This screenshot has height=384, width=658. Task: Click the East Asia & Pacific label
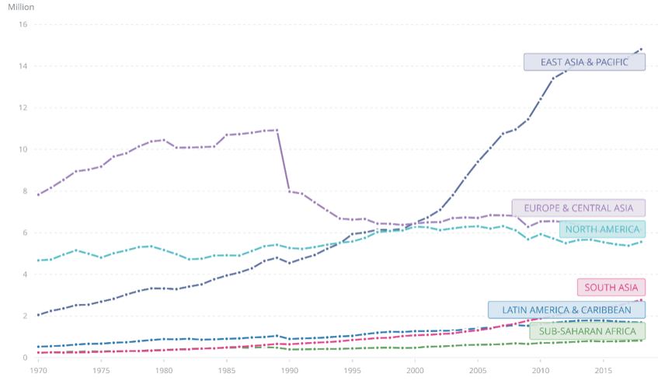click(x=584, y=62)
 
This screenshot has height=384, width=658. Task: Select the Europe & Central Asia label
click(x=578, y=208)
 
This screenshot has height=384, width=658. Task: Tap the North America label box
click(x=602, y=229)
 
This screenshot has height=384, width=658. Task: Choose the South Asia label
click(x=611, y=287)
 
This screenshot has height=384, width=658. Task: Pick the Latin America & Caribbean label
click(x=566, y=310)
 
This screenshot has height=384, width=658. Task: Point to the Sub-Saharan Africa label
click(x=587, y=331)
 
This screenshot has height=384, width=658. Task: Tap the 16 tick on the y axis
click(x=23, y=25)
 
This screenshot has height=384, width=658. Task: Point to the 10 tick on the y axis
click(x=23, y=150)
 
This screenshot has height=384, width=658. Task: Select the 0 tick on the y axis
click(x=26, y=358)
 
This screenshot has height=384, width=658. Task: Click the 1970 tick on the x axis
click(x=38, y=372)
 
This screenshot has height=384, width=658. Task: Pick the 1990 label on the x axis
click(x=290, y=372)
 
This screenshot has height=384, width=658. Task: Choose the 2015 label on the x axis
click(x=604, y=372)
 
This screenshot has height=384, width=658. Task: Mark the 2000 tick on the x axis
click(x=416, y=372)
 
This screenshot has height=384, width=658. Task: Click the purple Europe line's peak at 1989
click(x=277, y=130)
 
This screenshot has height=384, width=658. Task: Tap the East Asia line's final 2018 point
click(x=642, y=49)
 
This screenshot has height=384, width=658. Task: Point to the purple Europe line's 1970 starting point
click(x=38, y=194)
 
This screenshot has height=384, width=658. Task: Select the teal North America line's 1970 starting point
click(x=38, y=260)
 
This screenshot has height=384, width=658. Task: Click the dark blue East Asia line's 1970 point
click(x=38, y=315)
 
